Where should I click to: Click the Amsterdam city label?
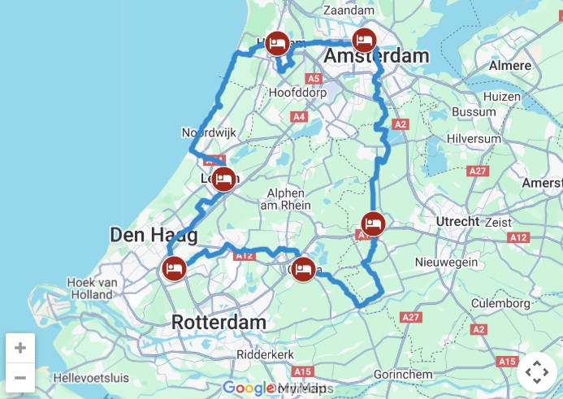click(x=376, y=56)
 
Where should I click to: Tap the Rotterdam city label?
click(x=219, y=323)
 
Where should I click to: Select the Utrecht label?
click(x=457, y=221)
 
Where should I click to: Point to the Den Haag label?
click(x=154, y=236)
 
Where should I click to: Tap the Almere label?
click(x=511, y=66)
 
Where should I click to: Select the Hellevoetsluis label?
click(x=91, y=378)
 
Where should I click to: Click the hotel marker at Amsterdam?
click(x=365, y=40)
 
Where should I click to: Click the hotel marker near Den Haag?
click(x=174, y=267)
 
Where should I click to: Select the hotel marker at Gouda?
click(x=303, y=268)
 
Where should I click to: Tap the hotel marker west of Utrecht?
click(x=372, y=223)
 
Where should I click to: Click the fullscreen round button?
click(x=537, y=373)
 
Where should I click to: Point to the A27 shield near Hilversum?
click(x=479, y=171)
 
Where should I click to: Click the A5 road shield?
click(x=314, y=78)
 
